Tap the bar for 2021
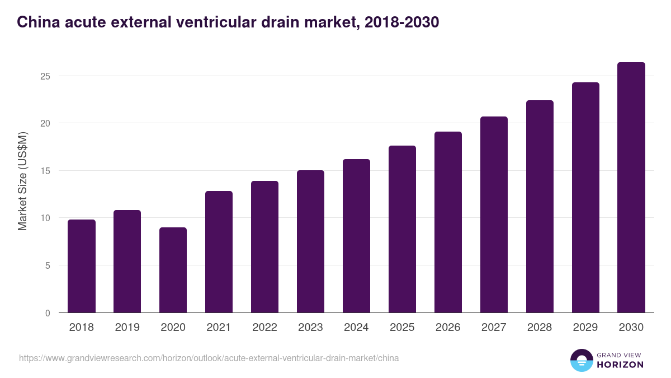(219, 252)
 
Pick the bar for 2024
(356, 236)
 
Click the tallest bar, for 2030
(631, 188)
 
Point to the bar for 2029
(585, 198)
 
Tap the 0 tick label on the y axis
(48, 313)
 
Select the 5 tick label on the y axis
(48, 265)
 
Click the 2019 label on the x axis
(127, 328)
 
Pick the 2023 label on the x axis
(310, 328)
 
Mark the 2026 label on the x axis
(448, 328)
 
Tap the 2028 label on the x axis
(540, 328)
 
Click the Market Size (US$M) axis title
(23, 181)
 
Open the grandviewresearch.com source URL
(209, 358)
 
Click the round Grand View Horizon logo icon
(581, 360)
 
